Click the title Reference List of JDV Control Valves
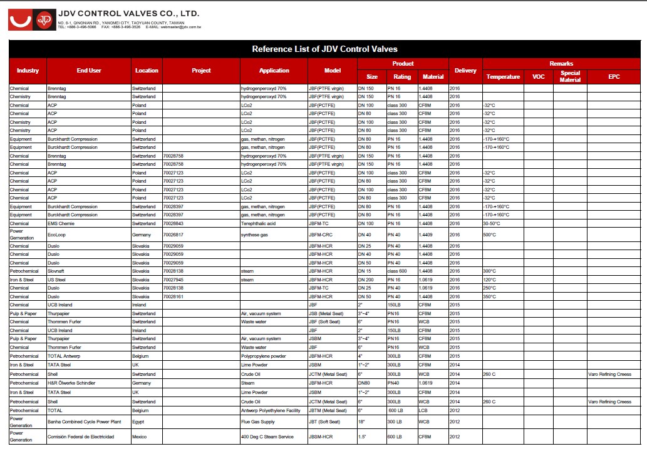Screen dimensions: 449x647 pos(324,49)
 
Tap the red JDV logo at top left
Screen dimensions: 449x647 pos(29,20)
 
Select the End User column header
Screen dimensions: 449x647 pos(89,71)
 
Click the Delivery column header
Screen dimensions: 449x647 pos(465,71)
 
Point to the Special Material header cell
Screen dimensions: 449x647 pos(570,76)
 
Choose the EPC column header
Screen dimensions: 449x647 pos(614,76)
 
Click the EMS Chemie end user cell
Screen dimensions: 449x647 pos(61,223)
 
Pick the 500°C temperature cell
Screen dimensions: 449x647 pos(490,235)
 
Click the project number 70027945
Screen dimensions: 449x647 pos(173,280)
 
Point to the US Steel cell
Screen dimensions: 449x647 pos(56,280)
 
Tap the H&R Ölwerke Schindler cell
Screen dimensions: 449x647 pos(71,383)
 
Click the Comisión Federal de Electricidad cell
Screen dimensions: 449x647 pos(81,436)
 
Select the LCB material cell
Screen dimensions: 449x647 pos(424,410)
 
